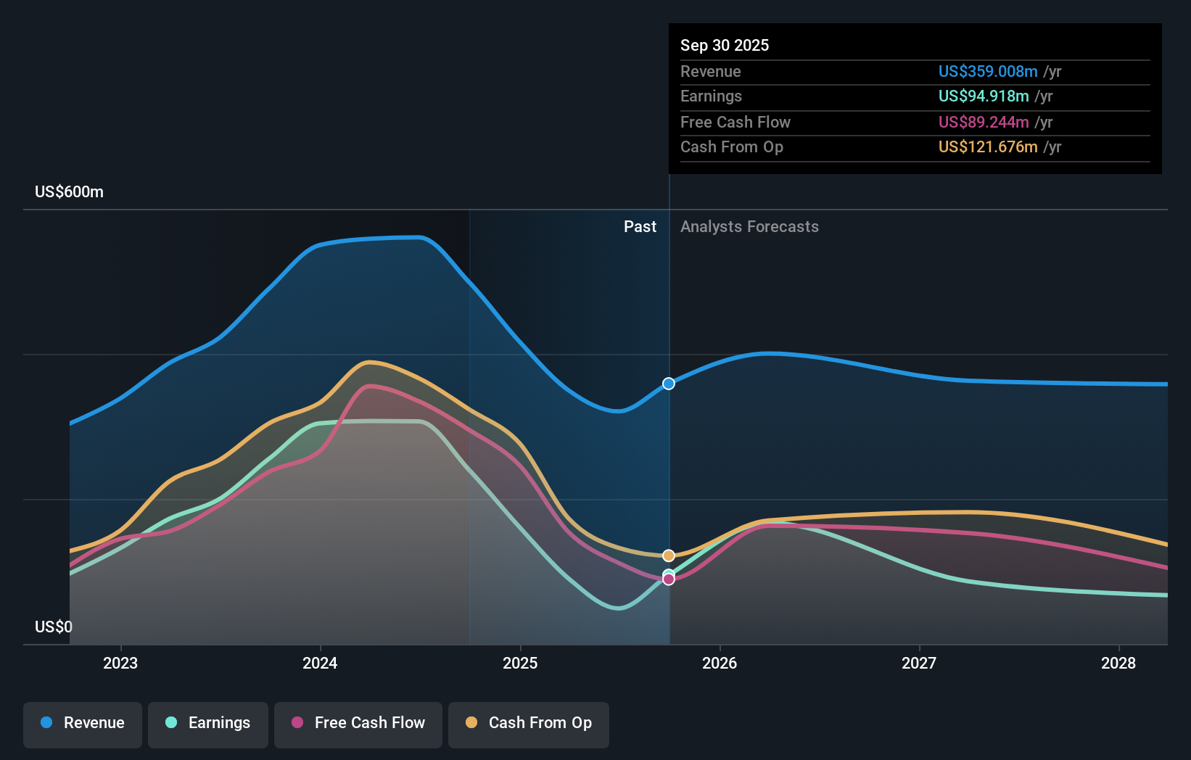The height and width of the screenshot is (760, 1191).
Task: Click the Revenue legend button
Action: [83, 724]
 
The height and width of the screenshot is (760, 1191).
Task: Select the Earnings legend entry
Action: [208, 724]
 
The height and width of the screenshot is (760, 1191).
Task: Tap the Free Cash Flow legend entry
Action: [358, 724]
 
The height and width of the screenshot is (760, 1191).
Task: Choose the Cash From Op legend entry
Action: [529, 724]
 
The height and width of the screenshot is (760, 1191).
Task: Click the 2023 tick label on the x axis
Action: [120, 664]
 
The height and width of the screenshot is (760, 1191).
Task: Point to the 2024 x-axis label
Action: [320, 664]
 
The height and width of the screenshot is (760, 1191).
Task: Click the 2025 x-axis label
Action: [520, 664]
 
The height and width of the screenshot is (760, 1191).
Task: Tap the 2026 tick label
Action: [720, 664]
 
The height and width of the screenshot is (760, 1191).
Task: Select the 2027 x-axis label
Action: [919, 664]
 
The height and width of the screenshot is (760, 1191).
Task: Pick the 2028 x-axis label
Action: [1118, 664]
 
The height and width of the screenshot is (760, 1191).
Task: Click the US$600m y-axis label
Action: [69, 192]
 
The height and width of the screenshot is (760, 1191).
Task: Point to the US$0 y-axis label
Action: [54, 627]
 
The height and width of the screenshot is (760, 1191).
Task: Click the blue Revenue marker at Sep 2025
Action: [669, 384]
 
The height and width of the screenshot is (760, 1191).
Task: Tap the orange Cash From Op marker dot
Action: [669, 555]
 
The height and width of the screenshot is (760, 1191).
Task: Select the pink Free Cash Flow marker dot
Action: [669, 579]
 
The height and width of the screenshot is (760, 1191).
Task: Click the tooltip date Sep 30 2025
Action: [724, 46]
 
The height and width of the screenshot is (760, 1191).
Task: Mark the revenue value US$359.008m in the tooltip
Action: [987, 72]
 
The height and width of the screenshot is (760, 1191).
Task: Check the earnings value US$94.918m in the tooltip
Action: [983, 96]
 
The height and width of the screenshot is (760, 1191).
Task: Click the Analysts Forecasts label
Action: [749, 227]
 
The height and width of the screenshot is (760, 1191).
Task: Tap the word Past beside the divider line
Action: [640, 227]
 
